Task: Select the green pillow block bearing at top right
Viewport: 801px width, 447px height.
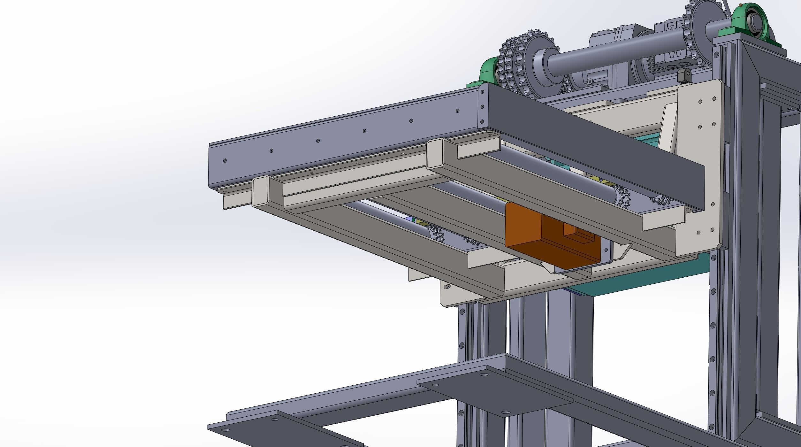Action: pyautogui.click(x=754, y=26)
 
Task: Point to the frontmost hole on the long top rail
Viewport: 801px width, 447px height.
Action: pyautogui.click(x=225, y=160)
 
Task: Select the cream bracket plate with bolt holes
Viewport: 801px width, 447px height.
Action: pyautogui.click(x=699, y=160)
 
